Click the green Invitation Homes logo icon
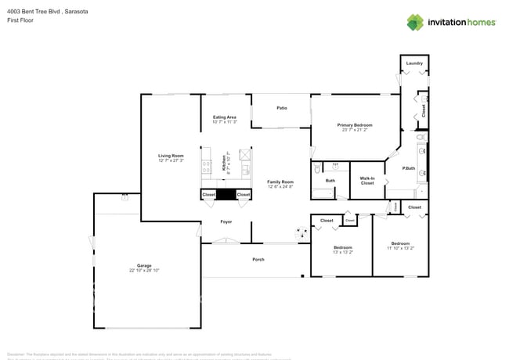415,22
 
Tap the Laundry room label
414,63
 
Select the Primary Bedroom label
355,125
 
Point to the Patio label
281,108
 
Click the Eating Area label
225,117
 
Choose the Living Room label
171,156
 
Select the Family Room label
280,182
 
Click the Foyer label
226,221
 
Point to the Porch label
258,259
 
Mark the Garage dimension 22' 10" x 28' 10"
144,270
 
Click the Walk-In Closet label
367,181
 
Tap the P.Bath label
408,168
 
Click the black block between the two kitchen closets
226,194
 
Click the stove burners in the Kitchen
207,166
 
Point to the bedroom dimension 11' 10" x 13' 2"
400,248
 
